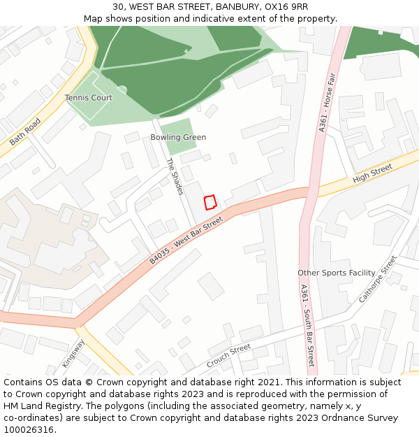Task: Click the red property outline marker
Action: pos(209,202)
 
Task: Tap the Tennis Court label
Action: pos(88,98)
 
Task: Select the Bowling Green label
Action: pos(178,138)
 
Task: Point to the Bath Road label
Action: pos(25,131)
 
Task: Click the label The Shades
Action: pos(175,176)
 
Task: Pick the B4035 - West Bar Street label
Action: pos(186,241)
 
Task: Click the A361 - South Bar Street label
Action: pos(307,326)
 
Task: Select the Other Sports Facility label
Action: pos(336,273)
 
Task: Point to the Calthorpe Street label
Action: pos(377,278)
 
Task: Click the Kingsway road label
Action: pos(73,354)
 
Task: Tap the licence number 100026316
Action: pos(30,430)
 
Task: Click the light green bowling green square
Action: pos(177,136)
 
